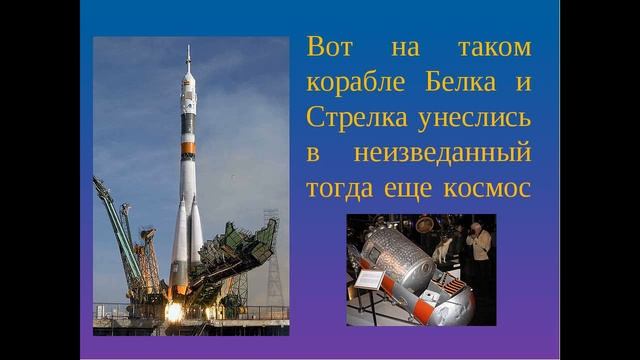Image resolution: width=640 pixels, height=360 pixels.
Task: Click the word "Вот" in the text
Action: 331,47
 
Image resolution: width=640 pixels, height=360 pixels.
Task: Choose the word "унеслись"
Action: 474,119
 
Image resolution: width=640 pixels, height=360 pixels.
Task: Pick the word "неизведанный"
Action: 459,155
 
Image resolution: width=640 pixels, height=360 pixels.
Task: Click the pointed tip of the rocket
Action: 188,48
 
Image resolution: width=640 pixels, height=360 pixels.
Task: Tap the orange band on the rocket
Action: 187,149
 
